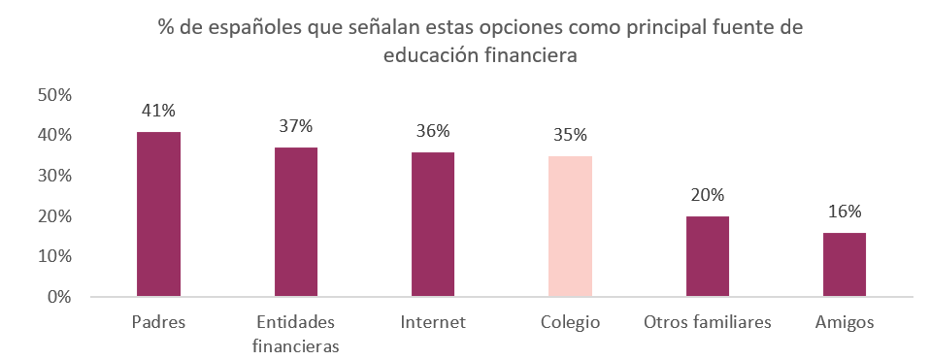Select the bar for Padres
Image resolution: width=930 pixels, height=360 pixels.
[158, 213]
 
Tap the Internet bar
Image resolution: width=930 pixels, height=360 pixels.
[433, 223]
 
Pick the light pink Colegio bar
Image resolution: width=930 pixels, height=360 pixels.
[570, 225]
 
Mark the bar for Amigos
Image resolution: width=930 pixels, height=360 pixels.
[844, 264]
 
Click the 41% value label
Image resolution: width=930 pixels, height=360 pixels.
[158, 112]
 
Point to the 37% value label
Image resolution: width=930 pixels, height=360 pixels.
[295, 127]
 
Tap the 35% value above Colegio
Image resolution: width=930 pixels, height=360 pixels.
[570, 135]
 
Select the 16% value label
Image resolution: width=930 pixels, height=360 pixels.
[844, 213]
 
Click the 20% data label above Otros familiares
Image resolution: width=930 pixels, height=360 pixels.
[707, 196]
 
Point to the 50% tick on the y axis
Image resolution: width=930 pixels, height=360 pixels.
[54, 95]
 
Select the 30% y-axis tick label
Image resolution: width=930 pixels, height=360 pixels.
[54, 176]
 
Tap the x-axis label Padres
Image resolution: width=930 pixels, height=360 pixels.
[157, 322]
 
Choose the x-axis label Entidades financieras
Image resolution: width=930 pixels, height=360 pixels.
[295, 333]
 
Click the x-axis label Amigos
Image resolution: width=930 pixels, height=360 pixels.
[844, 322]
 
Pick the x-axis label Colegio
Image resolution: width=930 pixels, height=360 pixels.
[570, 322]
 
